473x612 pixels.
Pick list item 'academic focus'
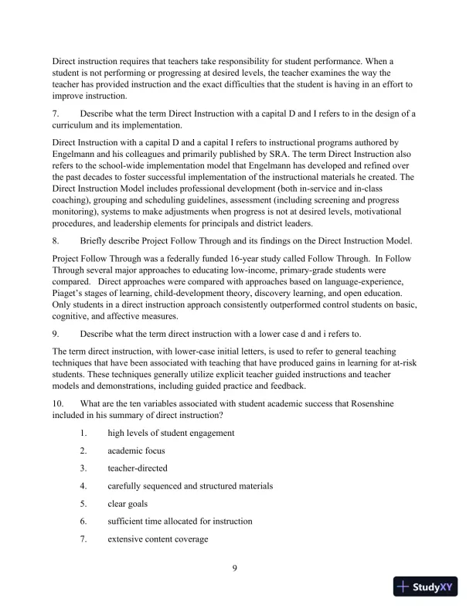(x=136, y=450)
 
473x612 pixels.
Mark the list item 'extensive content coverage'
(x=158, y=539)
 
